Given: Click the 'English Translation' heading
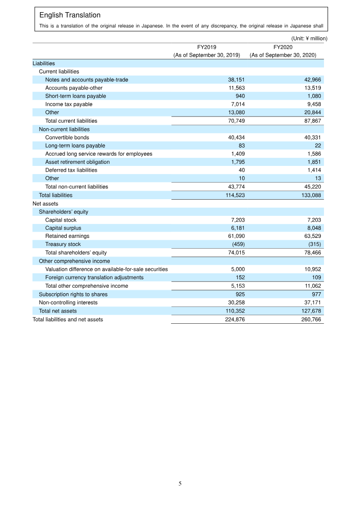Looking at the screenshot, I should (70, 15).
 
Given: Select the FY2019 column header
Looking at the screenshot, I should (207, 47).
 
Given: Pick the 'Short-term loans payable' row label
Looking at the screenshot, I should (76, 96).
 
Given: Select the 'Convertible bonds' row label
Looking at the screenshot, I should (67, 138).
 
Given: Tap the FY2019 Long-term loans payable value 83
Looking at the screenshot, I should (241, 146).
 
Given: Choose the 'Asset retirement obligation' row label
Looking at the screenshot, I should (77, 162).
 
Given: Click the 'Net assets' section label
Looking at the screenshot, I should (45, 204).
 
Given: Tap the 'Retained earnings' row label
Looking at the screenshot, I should (67, 236).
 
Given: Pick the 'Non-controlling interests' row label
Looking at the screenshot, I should (68, 303).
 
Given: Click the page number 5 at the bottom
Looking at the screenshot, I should (180, 484).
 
